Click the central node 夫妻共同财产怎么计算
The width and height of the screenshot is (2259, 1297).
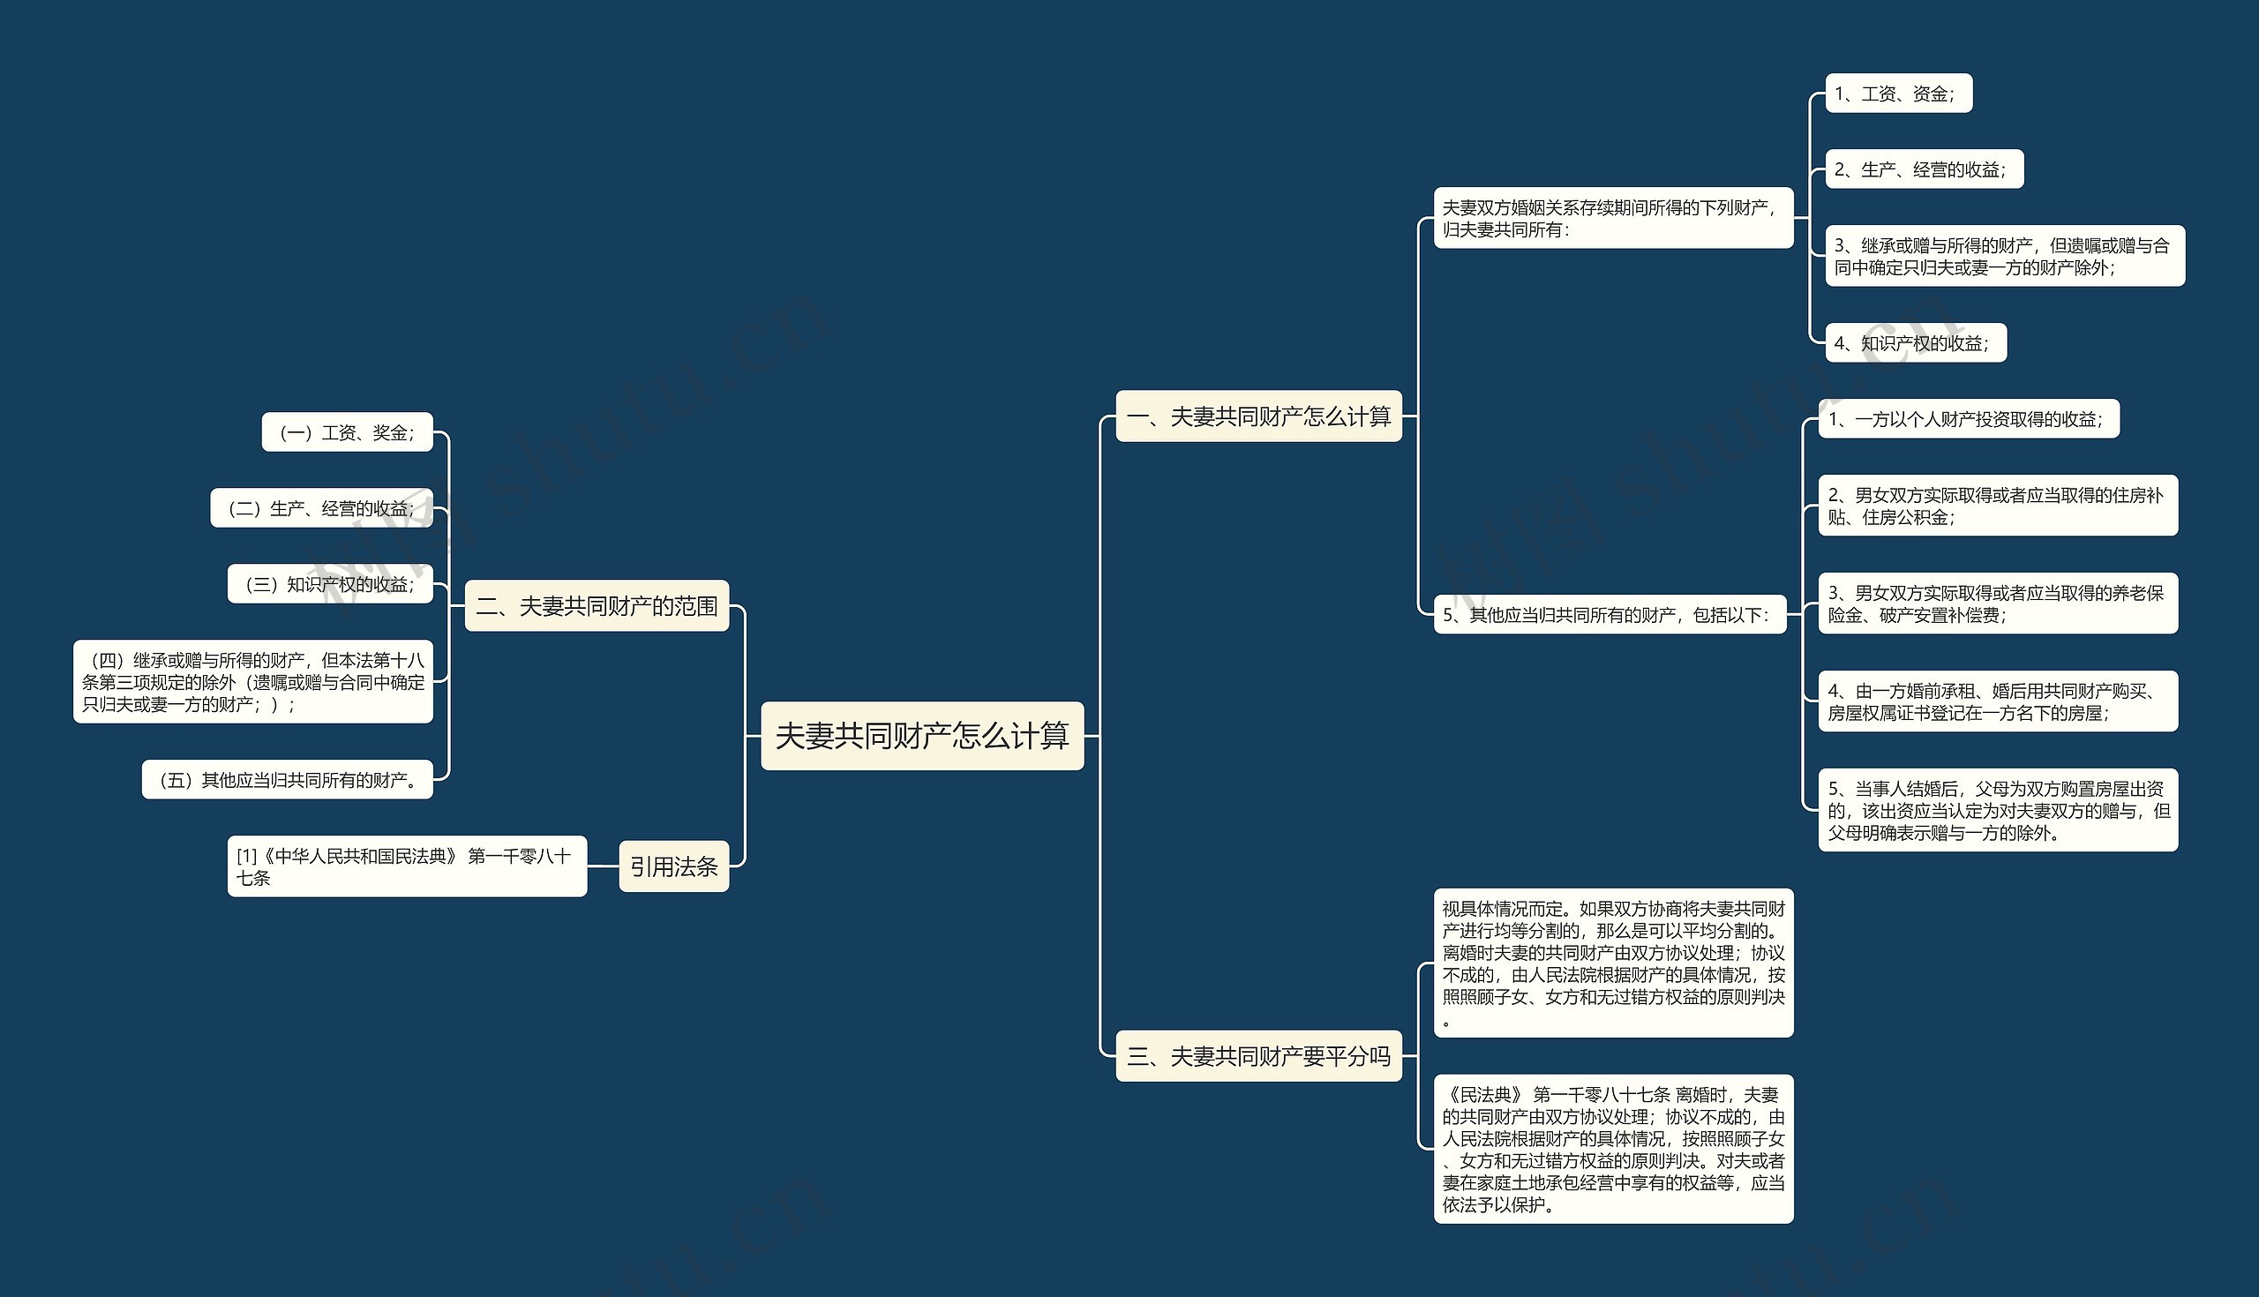(x=922, y=736)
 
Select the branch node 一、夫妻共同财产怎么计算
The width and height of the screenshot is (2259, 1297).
(x=1257, y=416)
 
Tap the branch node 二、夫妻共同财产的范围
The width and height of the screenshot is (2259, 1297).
(x=597, y=606)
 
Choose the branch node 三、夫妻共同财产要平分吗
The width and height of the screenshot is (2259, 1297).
(x=1257, y=1055)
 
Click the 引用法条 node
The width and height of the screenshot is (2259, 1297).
(x=673, y=866)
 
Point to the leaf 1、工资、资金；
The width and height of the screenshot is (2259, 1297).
(x=1898, y=94)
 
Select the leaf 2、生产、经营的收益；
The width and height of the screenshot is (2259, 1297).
(x=1924, y=169)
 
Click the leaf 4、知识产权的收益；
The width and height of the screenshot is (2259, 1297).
(x=1915, y=343)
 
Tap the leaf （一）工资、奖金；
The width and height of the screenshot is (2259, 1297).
(x=348, y=432)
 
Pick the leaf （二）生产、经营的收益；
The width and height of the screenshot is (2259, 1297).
(x=321, y=507)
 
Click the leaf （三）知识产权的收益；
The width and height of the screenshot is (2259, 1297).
(x=331, y=583)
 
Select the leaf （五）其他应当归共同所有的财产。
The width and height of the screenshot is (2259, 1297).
(x=288, y=779)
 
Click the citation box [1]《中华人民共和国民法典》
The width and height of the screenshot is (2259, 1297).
(x=407, y=866)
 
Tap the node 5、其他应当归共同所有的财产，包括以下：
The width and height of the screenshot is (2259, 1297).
(x=1610, y=615)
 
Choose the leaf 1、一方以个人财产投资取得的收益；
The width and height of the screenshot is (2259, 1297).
(x=1969, y=419)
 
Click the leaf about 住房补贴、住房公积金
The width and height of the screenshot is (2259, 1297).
(x=1998, y=505)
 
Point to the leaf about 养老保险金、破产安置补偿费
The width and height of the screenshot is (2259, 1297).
(x=1998, y=604)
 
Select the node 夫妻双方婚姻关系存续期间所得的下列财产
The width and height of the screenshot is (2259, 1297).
(x=1613, y=217)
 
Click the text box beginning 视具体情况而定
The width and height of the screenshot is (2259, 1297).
(x=1613, y=963)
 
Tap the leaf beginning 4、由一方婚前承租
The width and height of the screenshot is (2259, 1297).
(x=1998, y=701)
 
